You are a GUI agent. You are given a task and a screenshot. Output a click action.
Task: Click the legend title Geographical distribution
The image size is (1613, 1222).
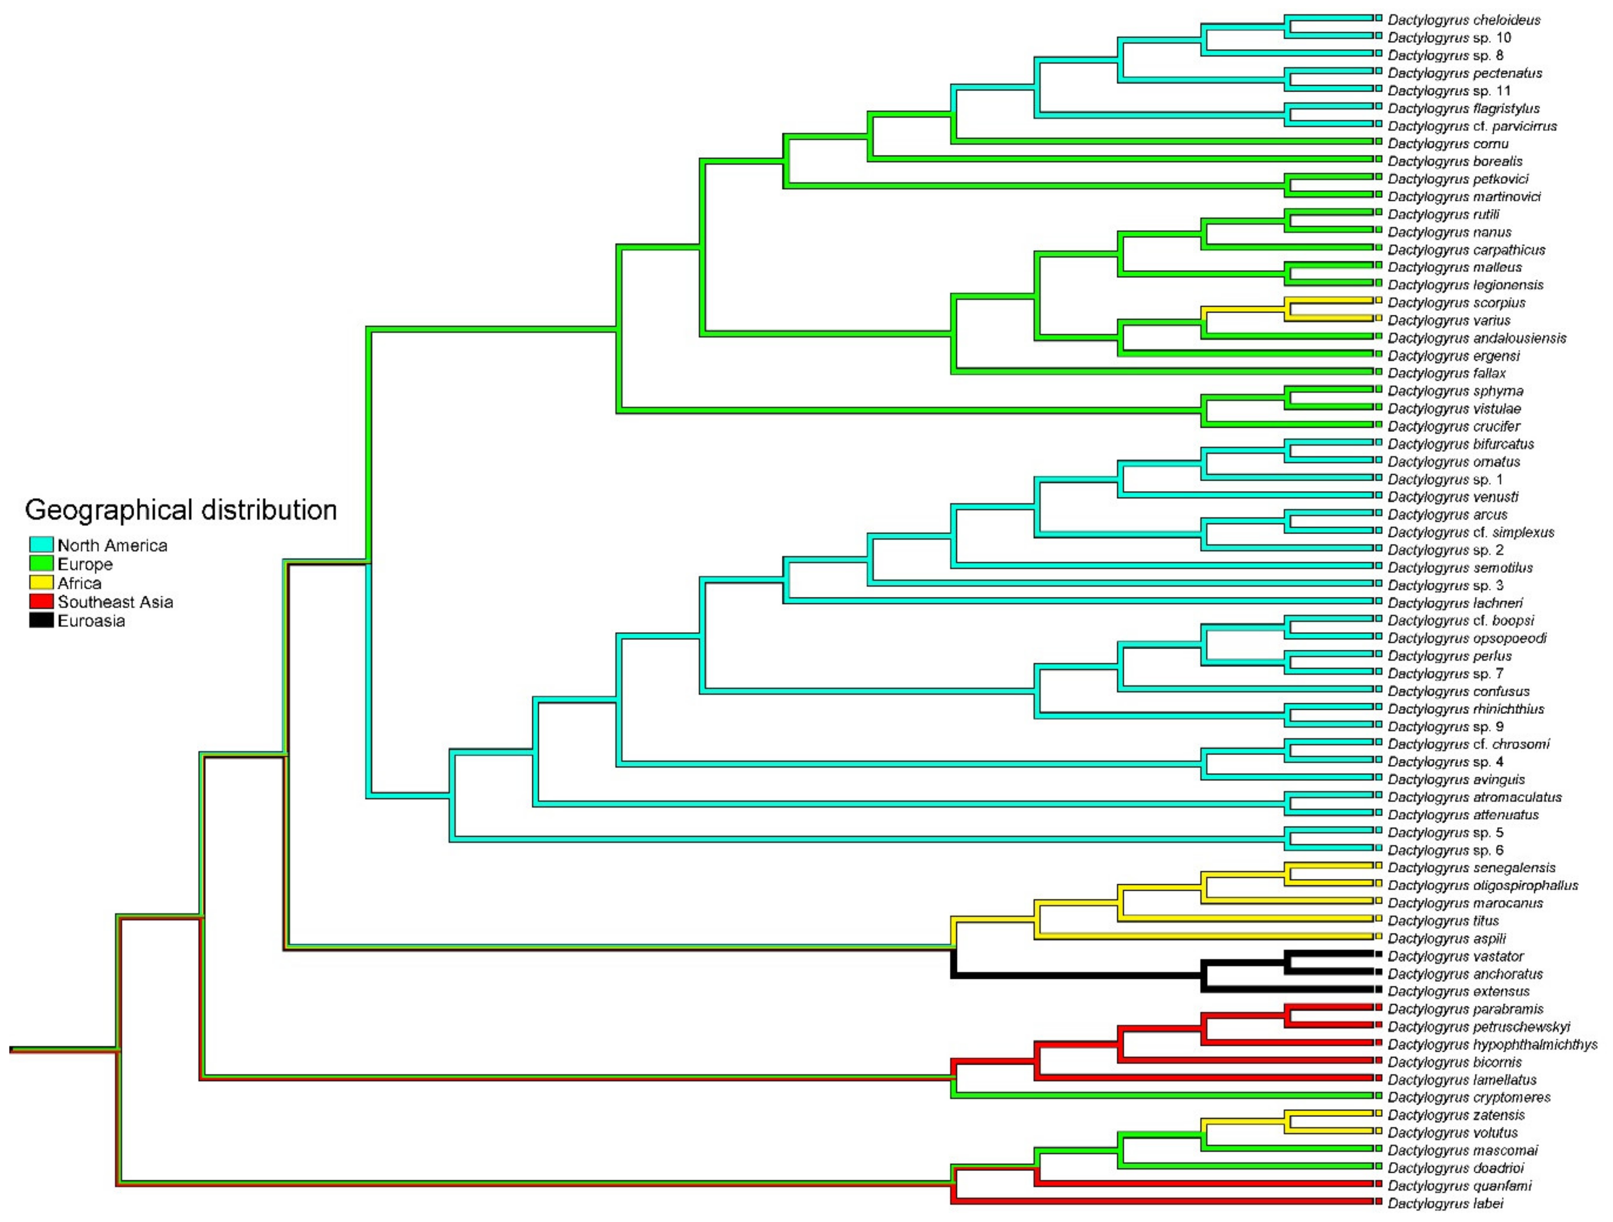point(181,510)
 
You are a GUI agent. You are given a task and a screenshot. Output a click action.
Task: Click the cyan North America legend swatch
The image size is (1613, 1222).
point(41,545)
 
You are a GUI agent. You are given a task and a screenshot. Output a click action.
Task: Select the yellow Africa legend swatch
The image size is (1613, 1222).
point(41,583)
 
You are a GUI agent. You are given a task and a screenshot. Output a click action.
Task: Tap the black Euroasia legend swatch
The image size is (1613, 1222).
point(41,621)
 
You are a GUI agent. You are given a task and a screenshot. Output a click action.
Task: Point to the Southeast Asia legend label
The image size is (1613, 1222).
point(115,602)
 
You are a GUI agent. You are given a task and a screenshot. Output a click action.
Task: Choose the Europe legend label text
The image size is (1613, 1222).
point(85,564)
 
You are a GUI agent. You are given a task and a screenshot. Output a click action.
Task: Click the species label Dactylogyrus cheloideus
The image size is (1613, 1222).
point(1464,20)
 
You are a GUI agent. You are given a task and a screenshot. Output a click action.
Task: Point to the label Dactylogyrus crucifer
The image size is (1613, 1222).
point(1453,426)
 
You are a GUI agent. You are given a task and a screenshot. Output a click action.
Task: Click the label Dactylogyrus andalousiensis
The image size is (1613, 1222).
point(1476,338)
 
